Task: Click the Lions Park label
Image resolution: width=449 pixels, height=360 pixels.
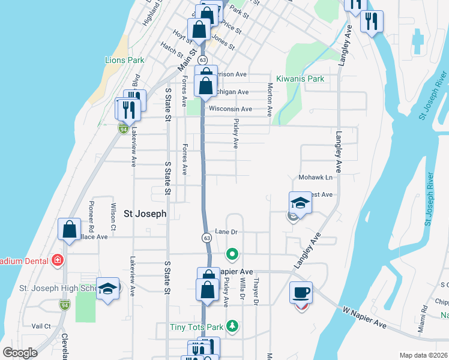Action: (125, 60)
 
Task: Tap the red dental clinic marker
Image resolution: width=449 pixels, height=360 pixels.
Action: (58, 260)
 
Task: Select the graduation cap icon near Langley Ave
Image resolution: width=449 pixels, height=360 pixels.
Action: (300, 203)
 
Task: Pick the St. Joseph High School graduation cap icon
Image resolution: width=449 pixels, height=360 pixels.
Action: (108, 289)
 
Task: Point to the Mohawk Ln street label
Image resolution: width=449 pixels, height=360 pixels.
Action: (316, 178)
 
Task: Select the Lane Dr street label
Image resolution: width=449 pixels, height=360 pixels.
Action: (227, 232)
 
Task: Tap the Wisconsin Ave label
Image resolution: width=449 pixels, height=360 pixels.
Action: (230, 109)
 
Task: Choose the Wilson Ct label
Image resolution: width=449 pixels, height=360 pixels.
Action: (113, 217)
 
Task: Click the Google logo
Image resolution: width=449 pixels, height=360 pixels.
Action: (20, 353)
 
